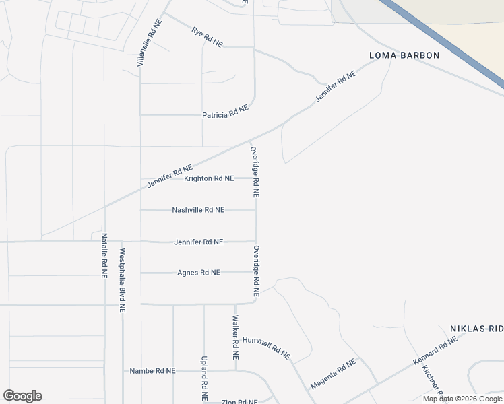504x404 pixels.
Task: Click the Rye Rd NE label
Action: [x=206, y=37]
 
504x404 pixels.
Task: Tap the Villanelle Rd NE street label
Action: [x=150, y=42]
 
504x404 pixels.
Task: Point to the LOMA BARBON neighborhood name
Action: [x=404, y=55]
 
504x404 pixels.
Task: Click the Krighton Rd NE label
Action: [x=209, y=178]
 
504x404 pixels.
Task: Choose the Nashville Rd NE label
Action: [x=198, y=210]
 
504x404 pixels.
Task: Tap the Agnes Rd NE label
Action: [x=198, y=273]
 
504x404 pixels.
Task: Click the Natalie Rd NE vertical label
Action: [x=104, y=256]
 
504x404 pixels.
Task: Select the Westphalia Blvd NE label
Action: [x=123, y=281]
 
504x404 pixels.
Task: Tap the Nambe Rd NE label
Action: [x=152, y=371]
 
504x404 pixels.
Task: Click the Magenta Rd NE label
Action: [x=333, y=375]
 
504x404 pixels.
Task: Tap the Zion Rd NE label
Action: [x=240, y=401]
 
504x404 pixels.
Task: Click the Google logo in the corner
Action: [x=22, y=396]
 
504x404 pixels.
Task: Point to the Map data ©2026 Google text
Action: [x=462, y=399]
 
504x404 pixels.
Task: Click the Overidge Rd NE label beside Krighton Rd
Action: [x=255, y=172]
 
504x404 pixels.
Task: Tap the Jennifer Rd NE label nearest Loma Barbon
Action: [x=335, y=87]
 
